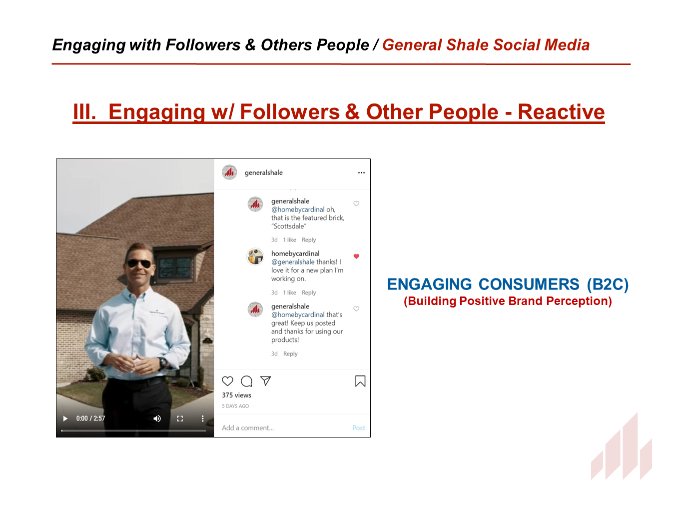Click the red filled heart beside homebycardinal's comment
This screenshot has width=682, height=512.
pos(356,256)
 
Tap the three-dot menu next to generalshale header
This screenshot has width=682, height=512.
pos(361,172)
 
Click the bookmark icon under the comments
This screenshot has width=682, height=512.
pos(360,381)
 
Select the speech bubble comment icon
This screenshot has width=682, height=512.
pos(246,381)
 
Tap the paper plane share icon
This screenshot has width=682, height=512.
pos(265,380)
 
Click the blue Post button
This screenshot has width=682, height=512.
pos(359,428)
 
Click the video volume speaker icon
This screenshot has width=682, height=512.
pos(157,418)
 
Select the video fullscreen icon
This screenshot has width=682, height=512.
pos(179,418)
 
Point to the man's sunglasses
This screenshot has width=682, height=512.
pos(139,263)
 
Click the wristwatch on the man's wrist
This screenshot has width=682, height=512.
pos(162,362)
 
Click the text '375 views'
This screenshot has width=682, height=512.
pos(236,395)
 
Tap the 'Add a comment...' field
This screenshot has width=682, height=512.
pos(248,428)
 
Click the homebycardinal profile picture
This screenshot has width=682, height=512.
pos(255,256)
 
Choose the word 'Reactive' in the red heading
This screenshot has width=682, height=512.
pos(561,111)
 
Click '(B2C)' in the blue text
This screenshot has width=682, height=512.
pos(608,284)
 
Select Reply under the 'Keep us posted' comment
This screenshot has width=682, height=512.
pos(290,354)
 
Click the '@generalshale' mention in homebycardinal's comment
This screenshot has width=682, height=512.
pos(293,262)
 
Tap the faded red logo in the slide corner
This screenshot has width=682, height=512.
pos(621,446)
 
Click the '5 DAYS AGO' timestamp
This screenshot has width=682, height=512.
pos(235,406)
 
